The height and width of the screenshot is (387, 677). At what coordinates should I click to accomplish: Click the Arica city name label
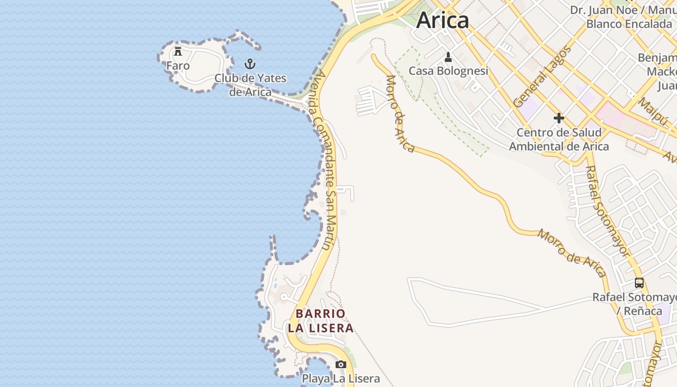(x=442, y=20)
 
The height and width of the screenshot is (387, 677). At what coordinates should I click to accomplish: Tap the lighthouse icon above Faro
(x=178, y=51)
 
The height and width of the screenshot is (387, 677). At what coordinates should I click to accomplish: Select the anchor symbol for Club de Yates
(x=250, y=64)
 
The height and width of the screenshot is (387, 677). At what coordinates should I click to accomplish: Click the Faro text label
(x=178, y=66)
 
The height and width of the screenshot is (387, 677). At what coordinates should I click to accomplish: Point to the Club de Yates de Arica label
(x=250, y=85)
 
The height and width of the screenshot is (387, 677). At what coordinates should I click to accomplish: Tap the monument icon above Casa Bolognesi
(x=448, y=57)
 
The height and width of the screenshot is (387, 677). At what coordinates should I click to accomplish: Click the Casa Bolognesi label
(x=448, y=71)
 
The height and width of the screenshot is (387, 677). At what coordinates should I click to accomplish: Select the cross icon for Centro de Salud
(x=559, y=118)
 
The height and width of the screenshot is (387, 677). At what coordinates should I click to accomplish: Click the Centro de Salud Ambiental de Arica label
(x=559, y=139)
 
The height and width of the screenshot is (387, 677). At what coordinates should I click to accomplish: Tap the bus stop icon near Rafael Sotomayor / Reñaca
(x=639, y=283)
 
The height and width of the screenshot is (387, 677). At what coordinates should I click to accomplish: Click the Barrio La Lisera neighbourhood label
(x=321, y=321)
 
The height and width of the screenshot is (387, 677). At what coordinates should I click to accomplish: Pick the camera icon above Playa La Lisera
(x=341, y=364)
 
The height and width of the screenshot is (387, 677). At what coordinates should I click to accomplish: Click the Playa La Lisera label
(x=341, y=378)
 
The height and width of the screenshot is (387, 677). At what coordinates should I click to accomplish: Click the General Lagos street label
(x=542, y=76)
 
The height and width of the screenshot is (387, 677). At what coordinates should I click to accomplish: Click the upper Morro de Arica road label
(x=400, y=114)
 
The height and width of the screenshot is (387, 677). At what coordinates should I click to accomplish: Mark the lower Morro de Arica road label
(x=572, y=253)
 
